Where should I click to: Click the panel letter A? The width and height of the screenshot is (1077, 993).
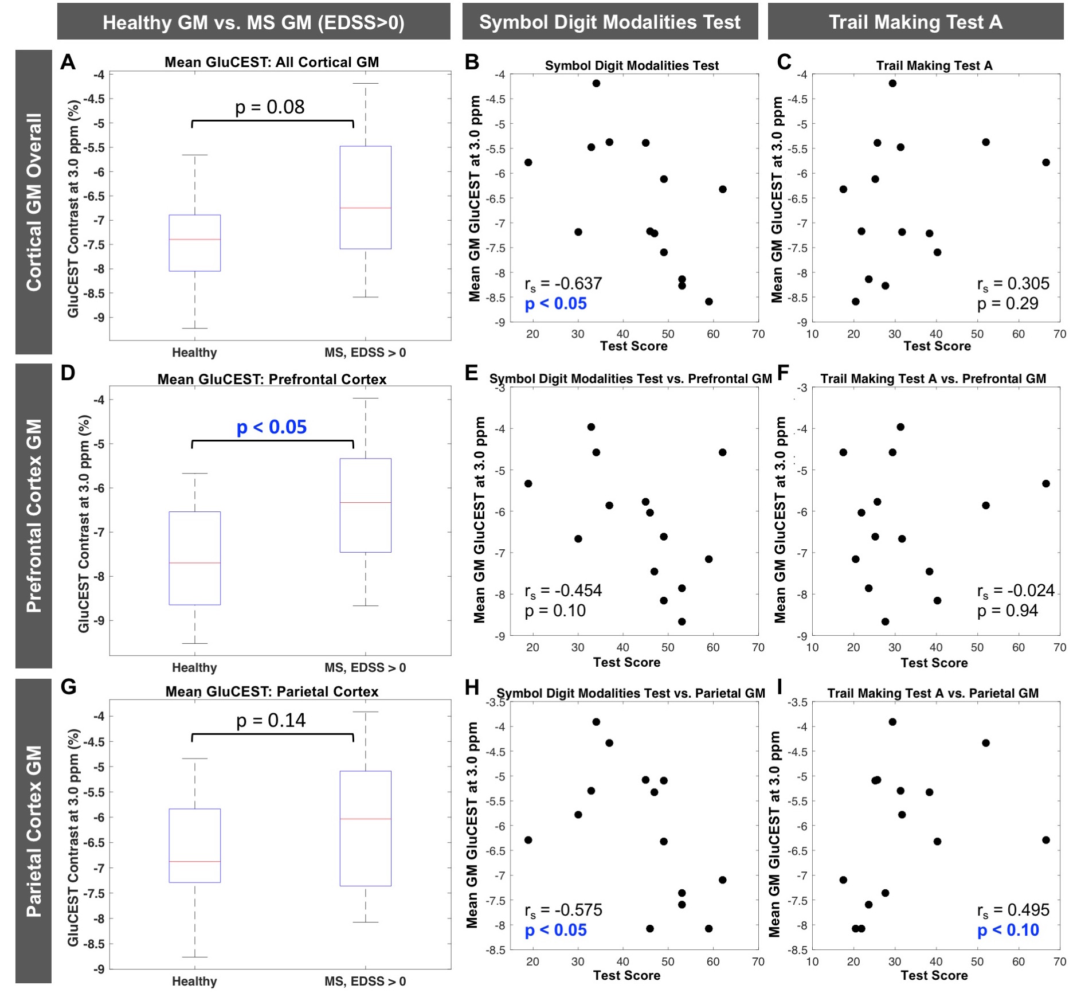(68, 62)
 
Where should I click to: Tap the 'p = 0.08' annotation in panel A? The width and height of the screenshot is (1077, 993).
(269, 107)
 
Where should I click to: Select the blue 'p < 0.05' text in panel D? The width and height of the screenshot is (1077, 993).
(272, 427)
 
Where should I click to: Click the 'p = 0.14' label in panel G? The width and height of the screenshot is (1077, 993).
(271, 720)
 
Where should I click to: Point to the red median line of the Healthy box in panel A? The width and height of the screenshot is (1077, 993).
(195, 239)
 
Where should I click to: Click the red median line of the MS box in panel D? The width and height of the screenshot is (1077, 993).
(365, 502)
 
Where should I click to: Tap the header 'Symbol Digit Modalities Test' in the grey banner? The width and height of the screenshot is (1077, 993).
(610, 22)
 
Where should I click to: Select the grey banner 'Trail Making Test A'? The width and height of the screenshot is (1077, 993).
(915, 22)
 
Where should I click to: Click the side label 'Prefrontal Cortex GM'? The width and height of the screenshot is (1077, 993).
(34, 515)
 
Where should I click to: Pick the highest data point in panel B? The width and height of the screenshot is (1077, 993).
(596, 83)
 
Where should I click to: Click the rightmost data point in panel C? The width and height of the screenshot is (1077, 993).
(1046, 162)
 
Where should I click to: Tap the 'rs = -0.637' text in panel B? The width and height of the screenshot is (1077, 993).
(563, 284)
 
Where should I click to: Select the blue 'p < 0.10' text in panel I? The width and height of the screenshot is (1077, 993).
(1008, 930)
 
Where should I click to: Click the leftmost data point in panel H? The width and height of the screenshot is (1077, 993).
(528, 840)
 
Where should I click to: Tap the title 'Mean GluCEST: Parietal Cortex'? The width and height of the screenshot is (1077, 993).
(272, 691)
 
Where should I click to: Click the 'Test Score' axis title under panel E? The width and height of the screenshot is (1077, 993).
(626, 662)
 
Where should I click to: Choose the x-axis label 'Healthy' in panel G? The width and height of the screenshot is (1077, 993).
(194, 981)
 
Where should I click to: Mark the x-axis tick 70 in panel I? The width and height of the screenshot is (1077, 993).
(1060, 961)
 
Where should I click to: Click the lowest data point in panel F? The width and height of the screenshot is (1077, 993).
(886, 621)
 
